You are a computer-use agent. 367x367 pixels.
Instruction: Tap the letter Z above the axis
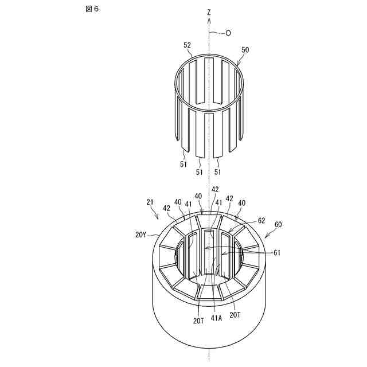click(x=210, y=11)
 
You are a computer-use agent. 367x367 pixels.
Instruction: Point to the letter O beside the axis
click(x=228, y=33)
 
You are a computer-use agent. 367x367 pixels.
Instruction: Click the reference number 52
click(x=187, y=45)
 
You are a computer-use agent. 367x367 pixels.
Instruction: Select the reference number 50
click(x=245, y=50)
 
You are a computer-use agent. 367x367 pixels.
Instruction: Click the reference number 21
click(x=150, y=202)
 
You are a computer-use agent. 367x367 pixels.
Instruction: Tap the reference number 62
click(x=261, y=220)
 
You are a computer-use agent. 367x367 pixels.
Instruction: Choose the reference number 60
click(x=279, y=225)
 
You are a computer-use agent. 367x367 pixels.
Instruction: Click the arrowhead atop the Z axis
click(x=210, y=19)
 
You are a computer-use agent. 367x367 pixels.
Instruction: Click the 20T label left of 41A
click(x=198, y=321)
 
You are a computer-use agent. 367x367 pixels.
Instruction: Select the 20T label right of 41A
click(x=235, y=315)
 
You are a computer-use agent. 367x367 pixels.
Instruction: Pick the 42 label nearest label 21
click(x=166, y=208)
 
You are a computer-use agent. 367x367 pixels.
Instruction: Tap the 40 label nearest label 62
click(x=241, y=202)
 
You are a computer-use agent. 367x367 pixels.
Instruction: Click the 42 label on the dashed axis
click(x=215, y=189)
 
